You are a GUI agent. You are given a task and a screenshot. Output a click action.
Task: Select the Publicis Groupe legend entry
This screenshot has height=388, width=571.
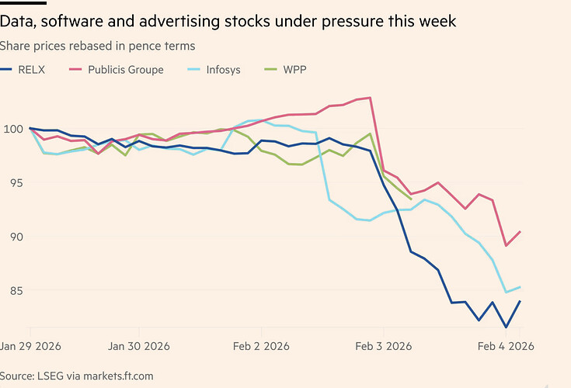tap(125, 70)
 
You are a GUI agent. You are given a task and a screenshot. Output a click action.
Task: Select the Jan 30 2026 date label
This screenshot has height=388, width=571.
tap(139, 345)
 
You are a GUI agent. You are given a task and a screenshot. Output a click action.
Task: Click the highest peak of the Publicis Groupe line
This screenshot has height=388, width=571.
tap(371, 98)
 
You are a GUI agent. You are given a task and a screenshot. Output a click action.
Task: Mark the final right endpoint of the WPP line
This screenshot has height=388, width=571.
tap(411, 199)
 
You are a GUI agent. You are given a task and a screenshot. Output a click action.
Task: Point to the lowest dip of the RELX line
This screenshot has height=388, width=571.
tap(507, 327)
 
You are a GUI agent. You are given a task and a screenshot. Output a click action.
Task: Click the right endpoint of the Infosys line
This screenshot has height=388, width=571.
tap(520, 287)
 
